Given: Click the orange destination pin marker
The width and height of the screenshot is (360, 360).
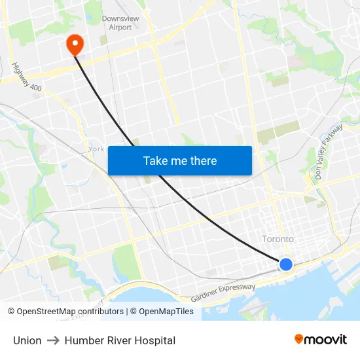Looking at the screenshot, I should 75,44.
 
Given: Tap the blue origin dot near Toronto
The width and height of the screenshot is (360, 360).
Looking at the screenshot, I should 286,264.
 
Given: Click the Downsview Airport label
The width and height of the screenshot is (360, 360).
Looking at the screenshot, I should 120,23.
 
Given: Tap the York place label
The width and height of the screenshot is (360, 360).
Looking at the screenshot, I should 96,149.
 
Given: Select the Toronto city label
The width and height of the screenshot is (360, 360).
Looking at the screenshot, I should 278,239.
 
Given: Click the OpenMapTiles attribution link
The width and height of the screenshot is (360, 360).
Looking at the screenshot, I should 166,312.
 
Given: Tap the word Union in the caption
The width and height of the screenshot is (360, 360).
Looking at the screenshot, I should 27,340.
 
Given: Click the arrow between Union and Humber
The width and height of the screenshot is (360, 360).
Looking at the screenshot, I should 53,340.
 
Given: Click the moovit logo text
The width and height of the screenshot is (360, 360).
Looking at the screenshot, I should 326,340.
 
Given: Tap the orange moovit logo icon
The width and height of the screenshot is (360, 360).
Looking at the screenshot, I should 299,339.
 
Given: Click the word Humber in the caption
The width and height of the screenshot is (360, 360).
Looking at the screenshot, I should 82,340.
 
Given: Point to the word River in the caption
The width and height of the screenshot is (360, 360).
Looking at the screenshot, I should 118,340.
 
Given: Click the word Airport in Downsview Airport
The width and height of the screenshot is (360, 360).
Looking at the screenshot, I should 120,27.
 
